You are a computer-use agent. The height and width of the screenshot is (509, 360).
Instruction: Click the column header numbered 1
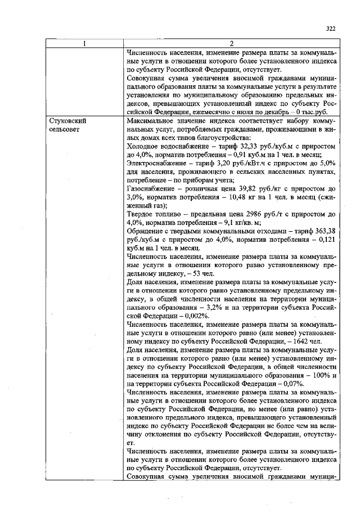click(84, 44)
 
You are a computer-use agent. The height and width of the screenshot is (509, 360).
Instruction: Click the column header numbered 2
click(231, 44)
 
